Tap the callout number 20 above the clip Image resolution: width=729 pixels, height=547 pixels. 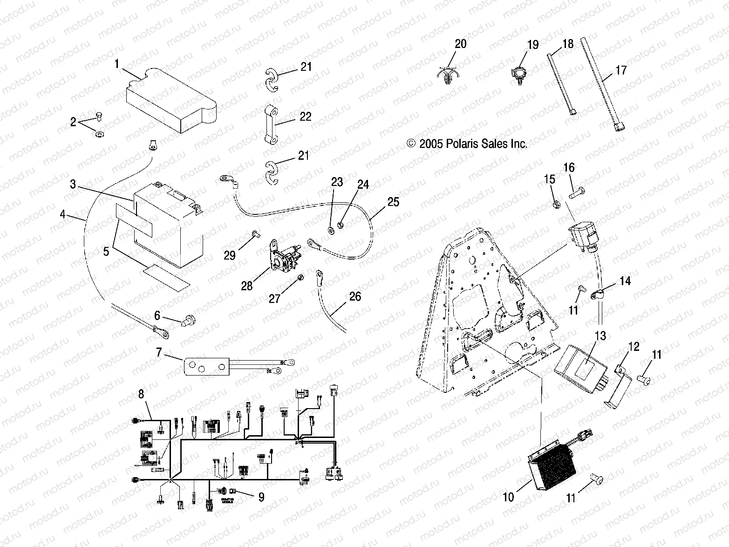460,44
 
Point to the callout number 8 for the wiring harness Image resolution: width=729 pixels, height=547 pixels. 141,394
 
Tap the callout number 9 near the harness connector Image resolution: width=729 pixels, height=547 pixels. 261,497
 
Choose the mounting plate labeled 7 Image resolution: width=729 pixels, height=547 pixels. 205,365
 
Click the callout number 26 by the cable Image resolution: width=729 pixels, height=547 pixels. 355,297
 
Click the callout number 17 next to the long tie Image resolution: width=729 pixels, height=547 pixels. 621,70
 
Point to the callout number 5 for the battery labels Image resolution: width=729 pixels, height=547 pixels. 106,252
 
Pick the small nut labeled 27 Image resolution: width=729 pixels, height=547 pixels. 301,278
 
